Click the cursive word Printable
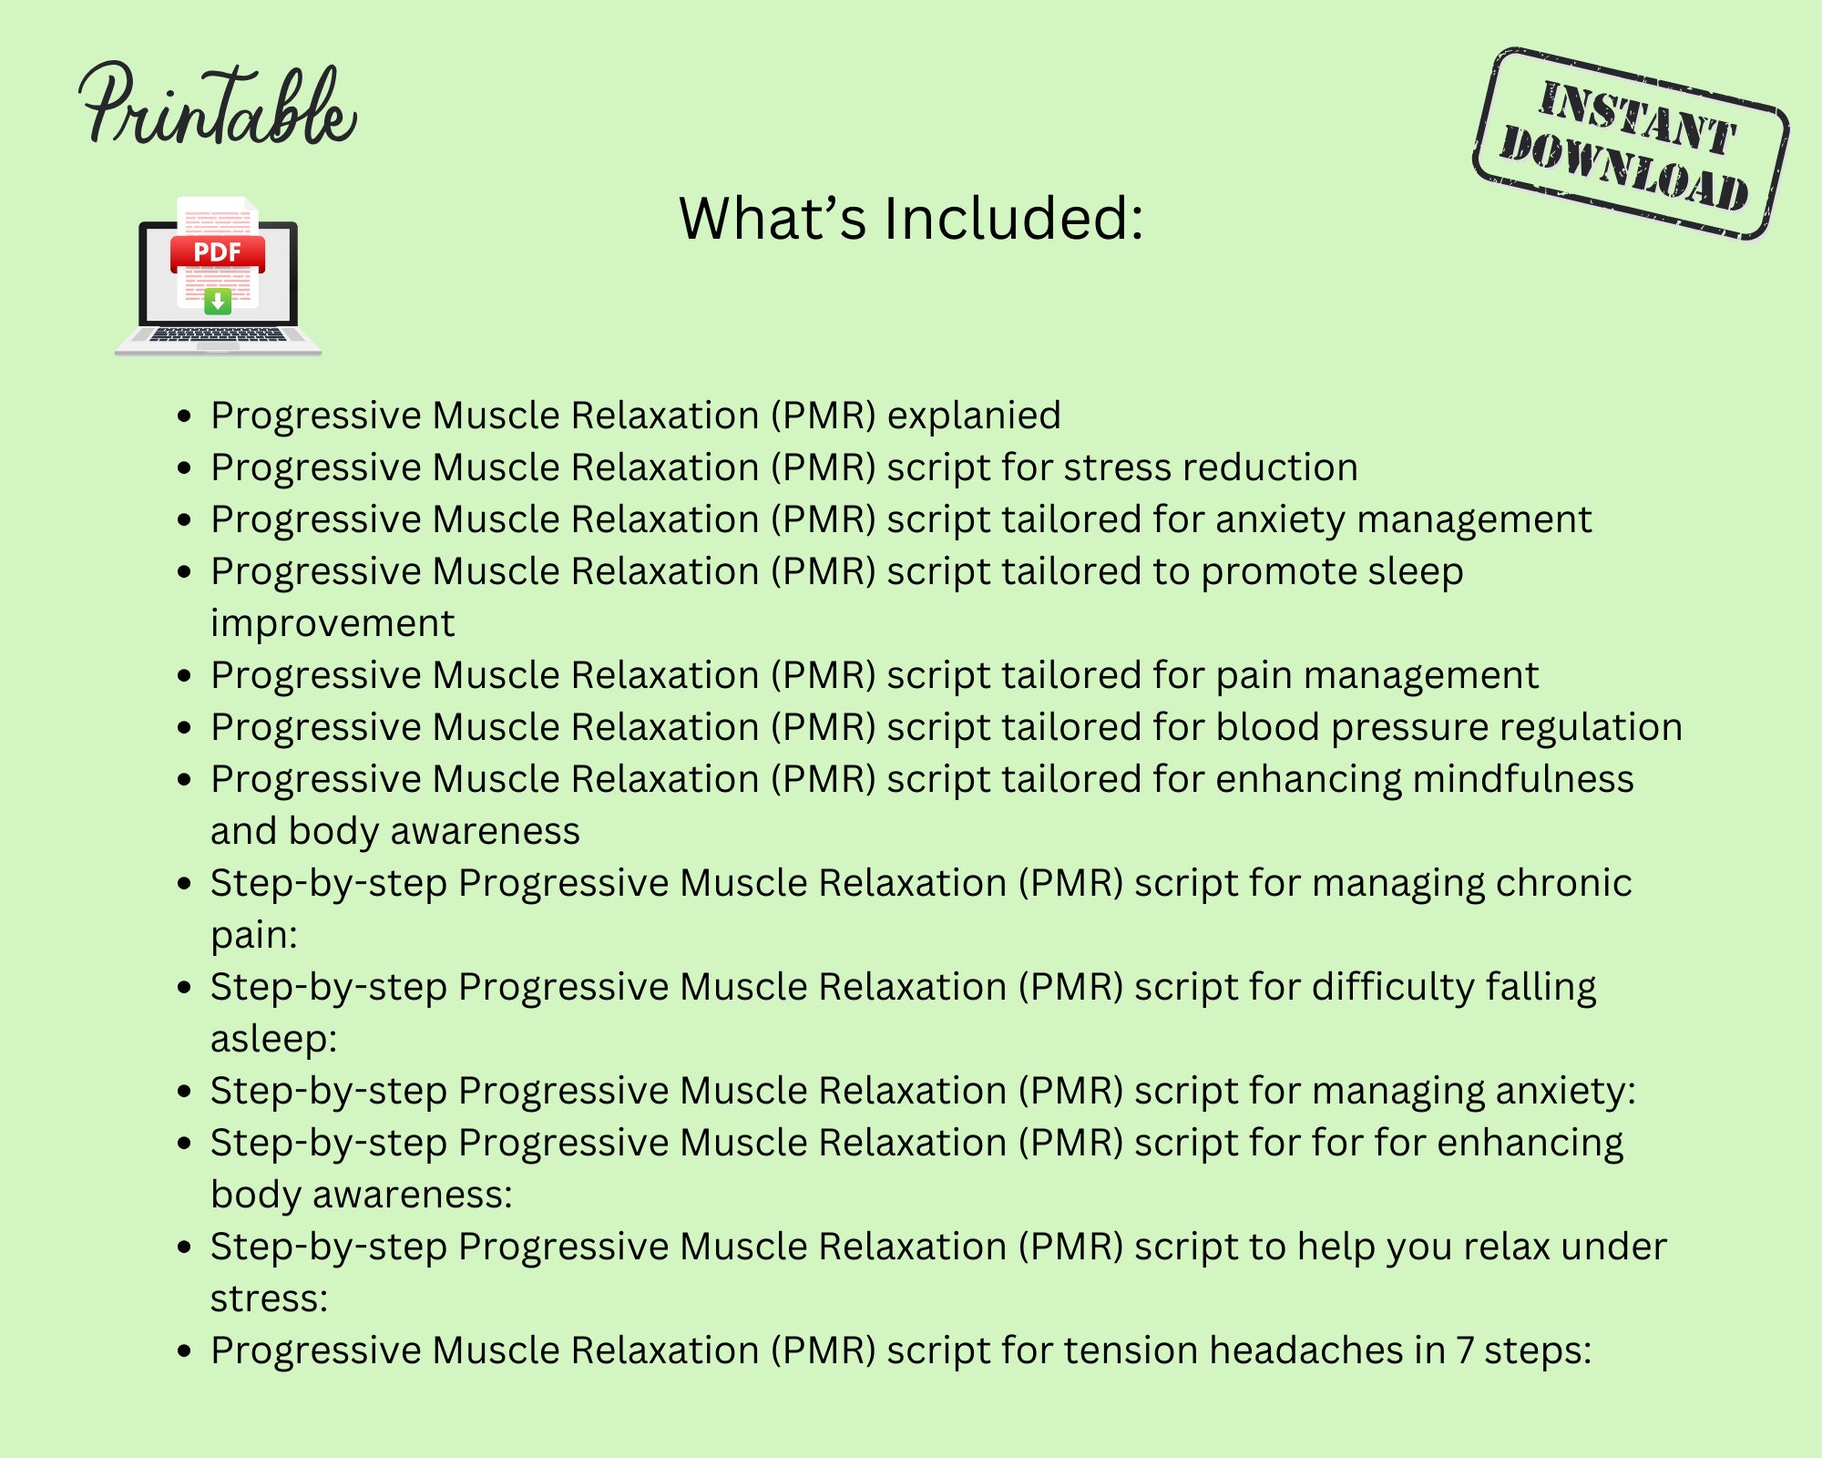point(217,108)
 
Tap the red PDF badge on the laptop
point(218,252)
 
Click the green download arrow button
point(218,301)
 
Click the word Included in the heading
point(1013,219)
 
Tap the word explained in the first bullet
point(974,416)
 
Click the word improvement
point(333,623)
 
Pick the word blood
point(1268,727)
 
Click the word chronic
point(1564,883)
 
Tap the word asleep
point(272,1039)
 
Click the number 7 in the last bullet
point(1465,1350)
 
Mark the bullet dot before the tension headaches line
point(185,1351)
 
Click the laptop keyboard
point(218,334)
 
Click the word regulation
point(1591,727)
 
